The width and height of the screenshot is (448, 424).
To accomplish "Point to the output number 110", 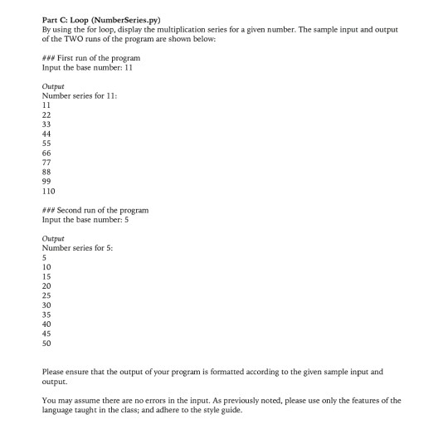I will coord(50,190).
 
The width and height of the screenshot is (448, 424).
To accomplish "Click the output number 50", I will coord(47,343).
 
